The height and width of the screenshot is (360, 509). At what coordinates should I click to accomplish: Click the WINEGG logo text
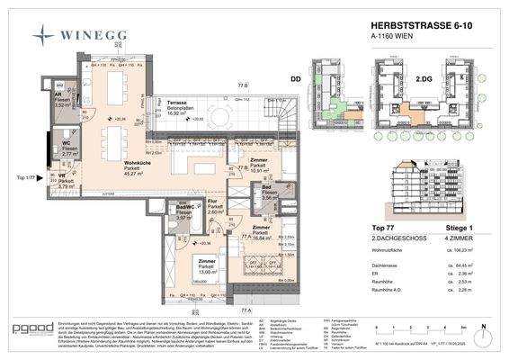[94, 36]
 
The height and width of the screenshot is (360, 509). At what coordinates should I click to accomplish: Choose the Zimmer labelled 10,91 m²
[259, 166]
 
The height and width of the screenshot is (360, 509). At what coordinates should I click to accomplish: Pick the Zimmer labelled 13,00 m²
[207, 265]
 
